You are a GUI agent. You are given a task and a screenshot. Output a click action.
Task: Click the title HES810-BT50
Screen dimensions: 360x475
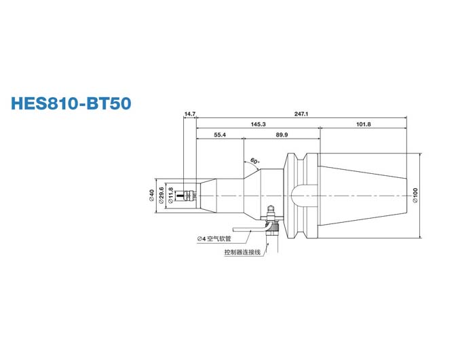tap(71, 104)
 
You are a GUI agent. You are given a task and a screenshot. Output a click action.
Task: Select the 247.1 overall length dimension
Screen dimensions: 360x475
tap(302, 113)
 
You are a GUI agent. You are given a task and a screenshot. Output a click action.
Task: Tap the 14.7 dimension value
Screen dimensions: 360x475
tap(189, 113)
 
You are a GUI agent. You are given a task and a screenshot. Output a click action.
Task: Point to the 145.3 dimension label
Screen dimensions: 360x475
tap(257, 124)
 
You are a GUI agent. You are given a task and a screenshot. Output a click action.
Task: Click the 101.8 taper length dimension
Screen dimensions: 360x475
tap(363, 124)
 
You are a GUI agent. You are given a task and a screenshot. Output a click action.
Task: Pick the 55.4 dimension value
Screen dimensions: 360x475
tap(219, 135)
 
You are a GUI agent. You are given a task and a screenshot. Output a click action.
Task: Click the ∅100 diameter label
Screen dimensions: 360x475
tap(415, 195)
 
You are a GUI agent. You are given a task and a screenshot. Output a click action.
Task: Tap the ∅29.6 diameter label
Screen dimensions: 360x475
tap(161, 195)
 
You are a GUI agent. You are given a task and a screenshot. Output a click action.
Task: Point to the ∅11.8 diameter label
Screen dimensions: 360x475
tap(170, 195)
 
